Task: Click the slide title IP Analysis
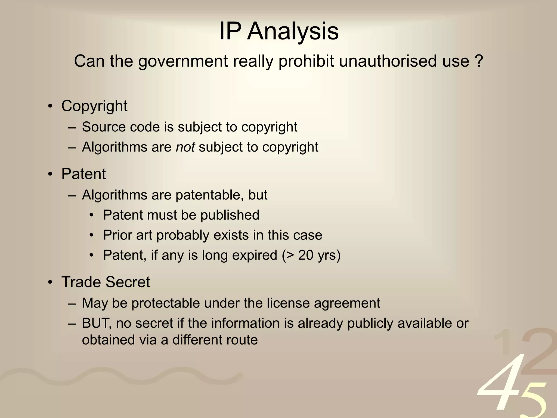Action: coord(279,31)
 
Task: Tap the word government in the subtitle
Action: coord(183,61)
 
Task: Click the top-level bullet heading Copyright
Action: coord(94,106)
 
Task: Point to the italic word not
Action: coord(185,147)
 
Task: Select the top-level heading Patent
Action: coord(83,174)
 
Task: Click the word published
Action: coord(230,215)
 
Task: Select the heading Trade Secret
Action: coord(106,282)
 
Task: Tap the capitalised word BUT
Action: coord(97,323)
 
